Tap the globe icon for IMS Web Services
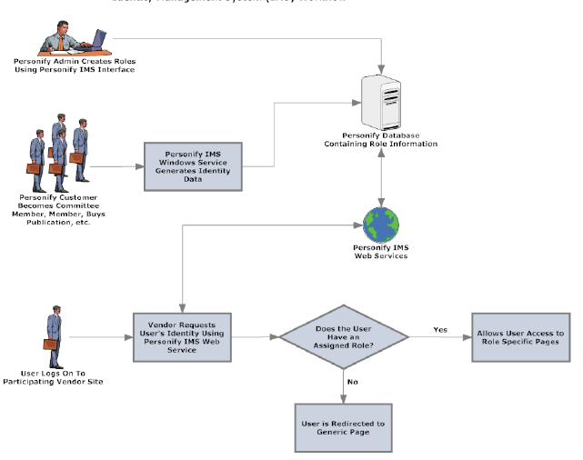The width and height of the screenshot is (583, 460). coord(380,224)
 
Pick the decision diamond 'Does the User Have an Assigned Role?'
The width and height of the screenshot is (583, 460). coord(345,336)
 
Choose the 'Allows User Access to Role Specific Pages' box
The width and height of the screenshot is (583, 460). coord(520,337)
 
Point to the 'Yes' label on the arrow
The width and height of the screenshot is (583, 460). coord(441,329)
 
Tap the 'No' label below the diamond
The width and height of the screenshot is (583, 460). coord(353,381)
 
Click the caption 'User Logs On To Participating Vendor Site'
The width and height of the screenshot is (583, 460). coord(60,378)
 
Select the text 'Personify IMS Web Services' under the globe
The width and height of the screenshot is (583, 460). coord(380,252)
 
